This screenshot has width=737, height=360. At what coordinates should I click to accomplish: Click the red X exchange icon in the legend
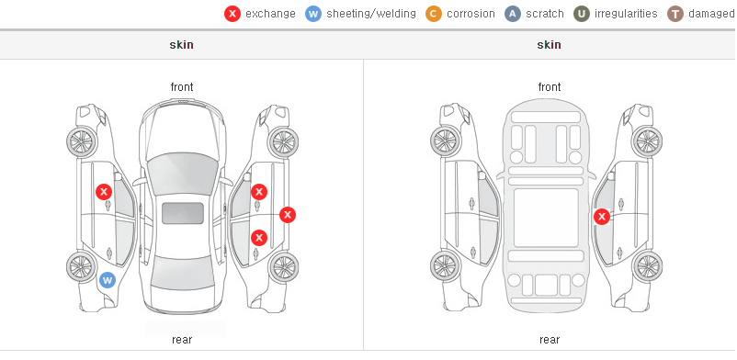tap(232, 14)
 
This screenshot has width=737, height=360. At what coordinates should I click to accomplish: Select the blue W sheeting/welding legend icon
tap(313, 14)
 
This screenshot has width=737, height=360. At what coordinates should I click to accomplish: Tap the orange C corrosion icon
tap(434, 14)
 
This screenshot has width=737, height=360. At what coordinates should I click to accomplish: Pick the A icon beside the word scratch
tap(513, 14)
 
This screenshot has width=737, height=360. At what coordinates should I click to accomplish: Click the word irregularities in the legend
tap(626, 14)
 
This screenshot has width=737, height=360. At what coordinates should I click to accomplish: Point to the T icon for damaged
tap(675, 14)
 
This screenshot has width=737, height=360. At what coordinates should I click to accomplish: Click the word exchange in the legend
tap(270, 14)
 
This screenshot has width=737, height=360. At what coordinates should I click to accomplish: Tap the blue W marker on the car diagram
tap(108, 281)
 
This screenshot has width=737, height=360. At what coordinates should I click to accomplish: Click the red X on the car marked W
tap(104, 192)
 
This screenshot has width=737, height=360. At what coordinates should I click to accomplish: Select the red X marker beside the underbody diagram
tap(602, 217)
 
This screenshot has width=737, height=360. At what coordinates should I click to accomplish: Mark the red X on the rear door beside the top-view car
tap(259, 237)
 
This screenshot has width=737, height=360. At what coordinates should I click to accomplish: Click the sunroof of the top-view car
tap(183, 213)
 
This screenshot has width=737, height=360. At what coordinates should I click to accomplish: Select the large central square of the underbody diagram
tap(546, 218)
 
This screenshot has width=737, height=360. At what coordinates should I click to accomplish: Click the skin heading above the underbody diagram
tap(549, 45)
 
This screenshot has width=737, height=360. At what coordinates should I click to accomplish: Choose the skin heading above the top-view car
tap(181, 45)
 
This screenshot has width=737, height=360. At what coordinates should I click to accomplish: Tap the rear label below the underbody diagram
tap(550, 339)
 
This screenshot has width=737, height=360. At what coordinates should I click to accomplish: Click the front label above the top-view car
tap(182, 87)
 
